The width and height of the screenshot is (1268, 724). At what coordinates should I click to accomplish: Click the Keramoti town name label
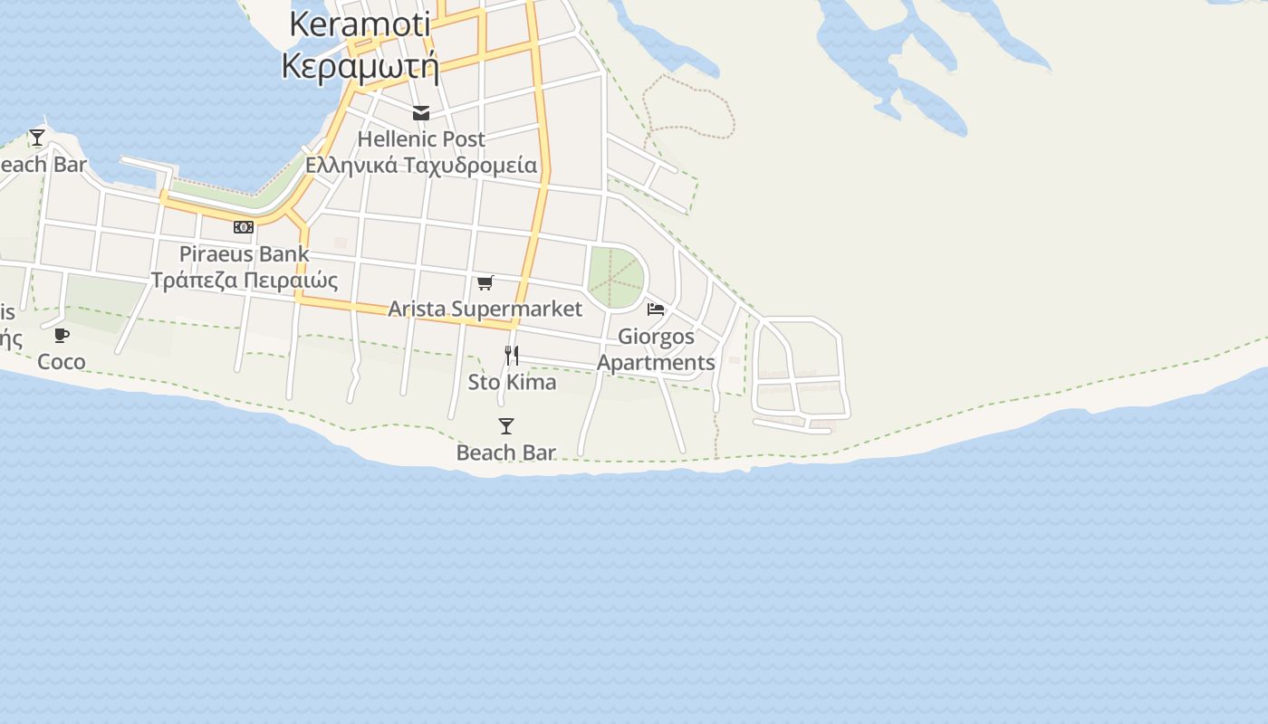[x=360, y=24]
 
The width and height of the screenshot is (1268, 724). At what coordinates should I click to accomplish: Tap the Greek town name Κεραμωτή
[x=360, y=66]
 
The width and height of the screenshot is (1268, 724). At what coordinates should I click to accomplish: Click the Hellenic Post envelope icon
[x=421, y=113]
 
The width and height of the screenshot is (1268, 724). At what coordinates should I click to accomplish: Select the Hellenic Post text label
[x=421, y=139]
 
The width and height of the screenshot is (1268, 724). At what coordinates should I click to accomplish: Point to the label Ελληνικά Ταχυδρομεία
[x=421, y=166]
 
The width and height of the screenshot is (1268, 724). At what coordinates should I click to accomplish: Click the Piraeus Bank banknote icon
[x=244, y=227]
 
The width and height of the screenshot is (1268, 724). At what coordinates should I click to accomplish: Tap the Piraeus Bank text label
[x=244, y=253]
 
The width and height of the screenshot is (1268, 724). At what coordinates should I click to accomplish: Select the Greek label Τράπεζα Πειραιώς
[x=244, y=280]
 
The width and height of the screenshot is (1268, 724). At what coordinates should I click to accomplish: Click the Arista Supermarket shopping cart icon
[x=485, y=283]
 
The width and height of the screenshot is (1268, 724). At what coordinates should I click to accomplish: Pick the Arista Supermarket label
[x=485, y=309]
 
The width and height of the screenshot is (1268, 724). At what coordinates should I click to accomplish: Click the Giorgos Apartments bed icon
[x=656, y=310]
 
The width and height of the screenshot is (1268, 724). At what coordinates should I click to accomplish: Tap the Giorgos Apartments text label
[x=656, y=349]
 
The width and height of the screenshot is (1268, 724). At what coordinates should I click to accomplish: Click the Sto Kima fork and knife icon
[x=512, y=356]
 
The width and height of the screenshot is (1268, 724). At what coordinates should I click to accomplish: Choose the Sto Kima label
[x=512, y=382]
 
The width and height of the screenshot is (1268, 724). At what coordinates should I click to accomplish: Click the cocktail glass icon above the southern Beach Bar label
[x=506, y=426]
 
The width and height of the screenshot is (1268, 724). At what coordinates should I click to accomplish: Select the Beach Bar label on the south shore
[x=506, y=452]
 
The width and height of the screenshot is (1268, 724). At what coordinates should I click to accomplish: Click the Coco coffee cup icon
[x=62, y=336]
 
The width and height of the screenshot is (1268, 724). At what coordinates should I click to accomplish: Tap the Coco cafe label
[x=62, y=362]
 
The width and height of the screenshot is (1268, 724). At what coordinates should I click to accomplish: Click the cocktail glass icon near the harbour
[x=37, y=138]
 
